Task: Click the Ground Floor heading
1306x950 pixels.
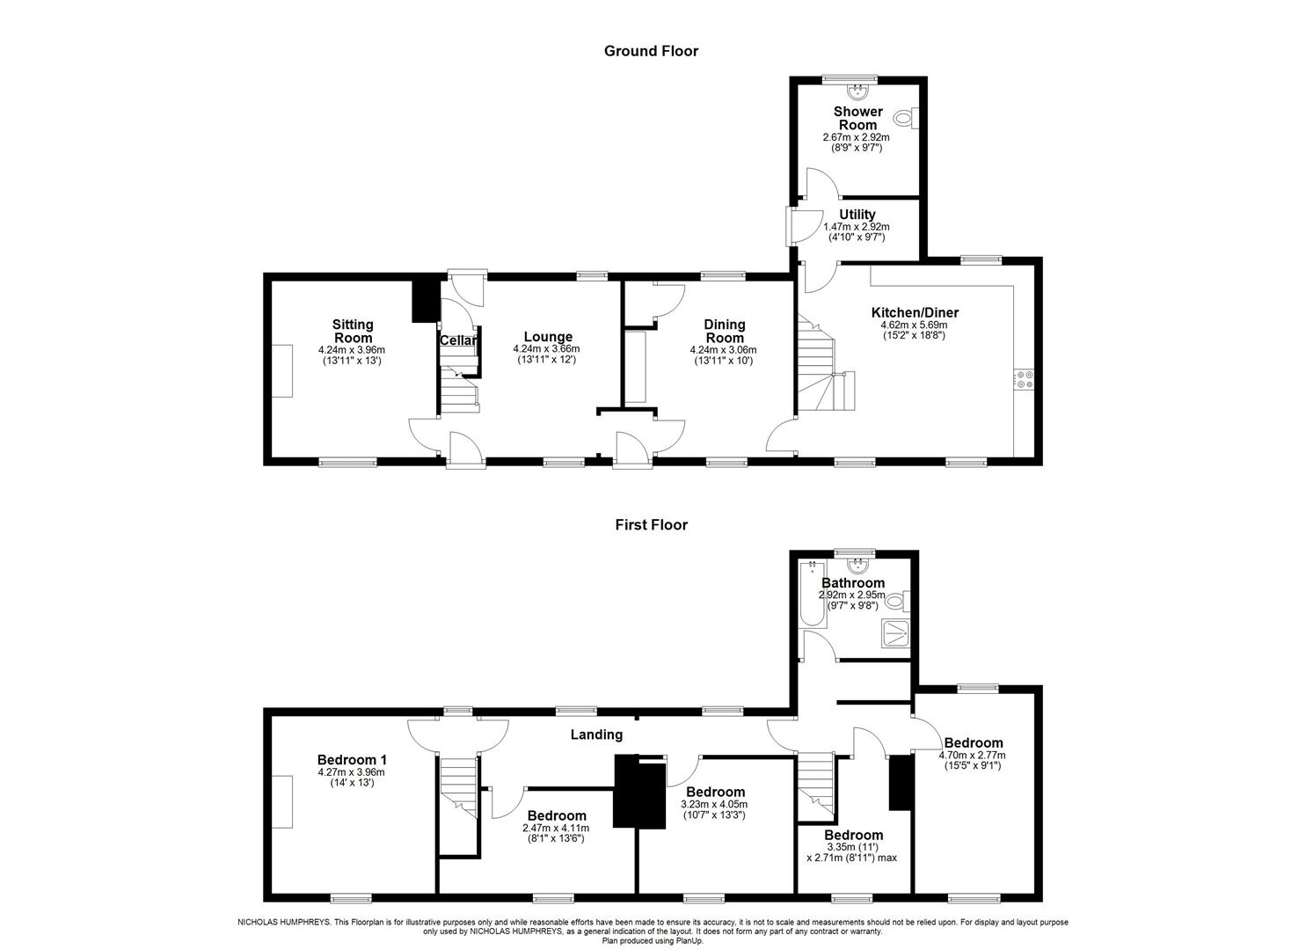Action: [651, 51]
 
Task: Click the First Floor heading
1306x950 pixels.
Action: [651, 525]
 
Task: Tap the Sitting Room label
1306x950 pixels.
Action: [353, 332]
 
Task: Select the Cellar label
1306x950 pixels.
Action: [458, 340]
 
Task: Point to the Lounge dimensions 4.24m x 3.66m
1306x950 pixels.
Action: [547, 349]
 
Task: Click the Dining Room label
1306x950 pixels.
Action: [724, 332]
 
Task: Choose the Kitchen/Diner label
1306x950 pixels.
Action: [915, 312]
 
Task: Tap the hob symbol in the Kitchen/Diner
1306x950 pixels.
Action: [1025, 379]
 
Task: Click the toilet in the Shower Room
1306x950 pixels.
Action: [905, 117]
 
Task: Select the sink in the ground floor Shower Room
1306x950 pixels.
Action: [858, 90]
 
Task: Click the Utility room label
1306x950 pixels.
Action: [857, 215]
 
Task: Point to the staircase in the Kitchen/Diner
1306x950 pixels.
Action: [822, 369]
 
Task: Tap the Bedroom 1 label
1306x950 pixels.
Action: [352, 760]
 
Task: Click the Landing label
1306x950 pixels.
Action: [596, 734]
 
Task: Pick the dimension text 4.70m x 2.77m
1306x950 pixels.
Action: [973, 755]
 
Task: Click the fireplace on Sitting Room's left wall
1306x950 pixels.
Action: [281, 370]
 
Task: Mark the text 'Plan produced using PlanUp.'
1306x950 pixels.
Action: [653, 940]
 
